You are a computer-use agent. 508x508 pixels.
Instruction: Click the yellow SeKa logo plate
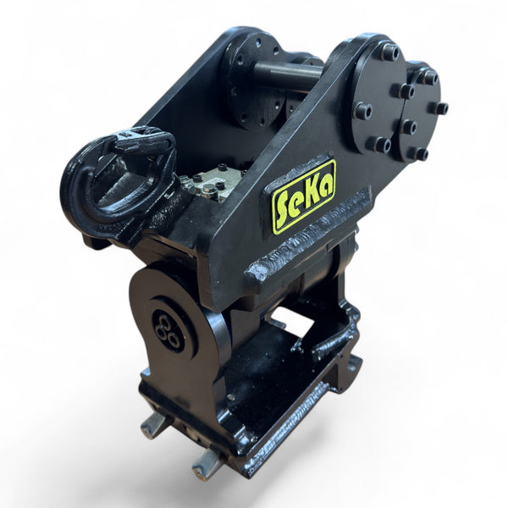[303, 196]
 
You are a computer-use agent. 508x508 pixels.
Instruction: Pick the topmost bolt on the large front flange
[389, 52]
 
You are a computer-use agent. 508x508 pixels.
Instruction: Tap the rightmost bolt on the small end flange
[440, 108]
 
